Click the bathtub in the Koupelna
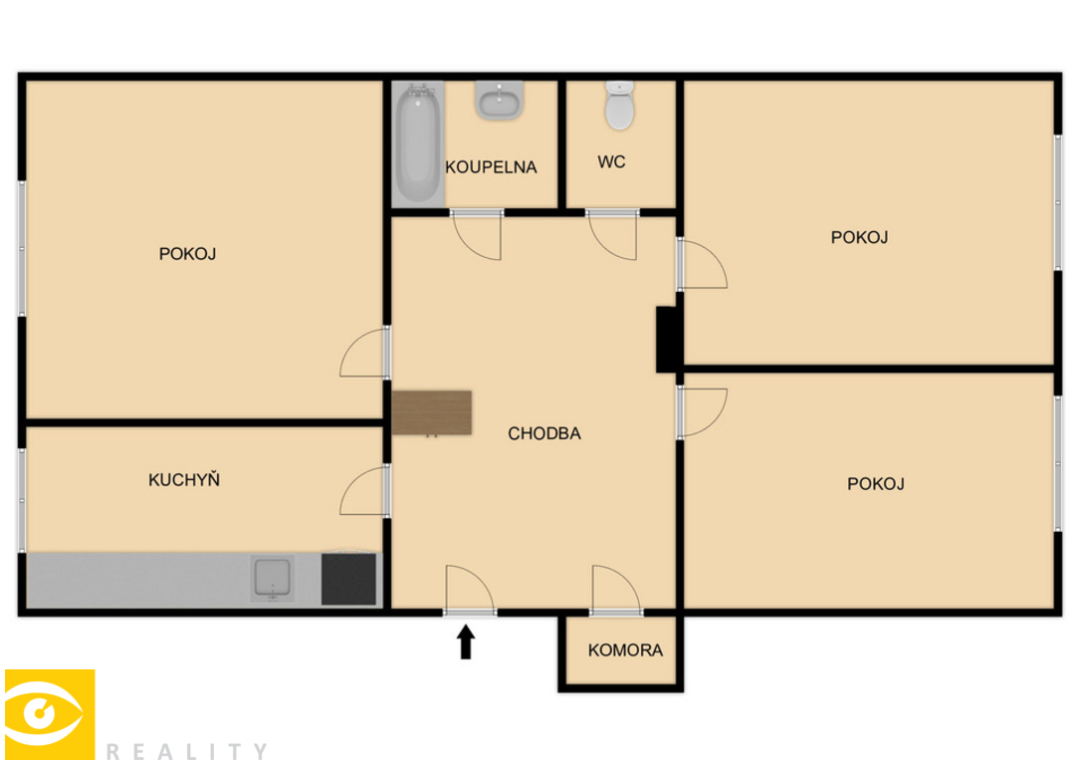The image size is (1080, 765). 418,144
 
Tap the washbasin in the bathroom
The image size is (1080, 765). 500,101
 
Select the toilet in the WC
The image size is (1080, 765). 619,106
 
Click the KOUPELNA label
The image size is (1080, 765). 491,166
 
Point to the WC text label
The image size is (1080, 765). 611,162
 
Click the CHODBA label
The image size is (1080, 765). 544,433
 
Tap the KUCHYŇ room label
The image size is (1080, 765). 184,479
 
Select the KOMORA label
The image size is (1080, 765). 625,649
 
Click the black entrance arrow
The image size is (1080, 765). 466,641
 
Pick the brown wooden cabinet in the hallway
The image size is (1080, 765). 432,412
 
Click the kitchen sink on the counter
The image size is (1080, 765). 272,579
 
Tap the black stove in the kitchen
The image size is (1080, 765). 349,579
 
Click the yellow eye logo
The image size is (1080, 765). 50,714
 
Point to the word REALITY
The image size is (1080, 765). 187,751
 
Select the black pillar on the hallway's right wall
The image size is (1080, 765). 666,340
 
